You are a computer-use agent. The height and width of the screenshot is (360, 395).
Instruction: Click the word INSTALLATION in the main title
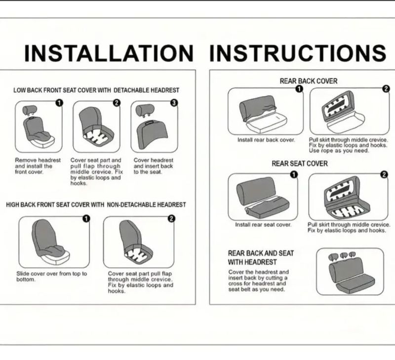coord(109,53)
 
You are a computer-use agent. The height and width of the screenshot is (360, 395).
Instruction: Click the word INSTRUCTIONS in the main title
coord(298,53)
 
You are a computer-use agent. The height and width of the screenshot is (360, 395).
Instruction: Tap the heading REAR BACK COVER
coord(308,81)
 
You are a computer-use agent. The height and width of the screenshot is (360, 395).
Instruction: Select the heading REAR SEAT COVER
coord(300,164)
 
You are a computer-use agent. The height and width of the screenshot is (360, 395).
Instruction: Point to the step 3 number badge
coord(174,103)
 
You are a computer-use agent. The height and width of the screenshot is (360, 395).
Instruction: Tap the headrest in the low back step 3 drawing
coord(145,110)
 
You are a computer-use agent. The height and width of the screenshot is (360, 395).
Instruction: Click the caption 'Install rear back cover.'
coord(266,140)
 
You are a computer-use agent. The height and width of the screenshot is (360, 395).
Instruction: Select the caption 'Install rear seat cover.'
coord(263,225)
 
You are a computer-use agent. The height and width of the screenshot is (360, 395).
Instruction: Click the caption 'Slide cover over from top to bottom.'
coord(52,277)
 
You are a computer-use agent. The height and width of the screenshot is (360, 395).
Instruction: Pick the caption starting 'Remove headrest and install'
coord(38,166)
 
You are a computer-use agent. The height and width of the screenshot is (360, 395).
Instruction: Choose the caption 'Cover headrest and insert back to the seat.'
coord(154,166)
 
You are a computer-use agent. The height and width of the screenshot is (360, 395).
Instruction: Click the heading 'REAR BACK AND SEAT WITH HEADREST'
coord(261,257)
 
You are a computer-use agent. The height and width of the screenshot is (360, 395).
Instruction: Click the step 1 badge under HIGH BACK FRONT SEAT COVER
coord(86,218)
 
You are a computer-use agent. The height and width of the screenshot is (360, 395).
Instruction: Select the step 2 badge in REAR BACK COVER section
coord(386,89)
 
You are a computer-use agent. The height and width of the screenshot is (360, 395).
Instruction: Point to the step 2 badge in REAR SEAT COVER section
coord(384,175)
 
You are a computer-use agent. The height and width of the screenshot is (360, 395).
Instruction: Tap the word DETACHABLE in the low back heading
coord(132,90)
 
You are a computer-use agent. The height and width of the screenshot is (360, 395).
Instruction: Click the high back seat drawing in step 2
coord(136,242)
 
